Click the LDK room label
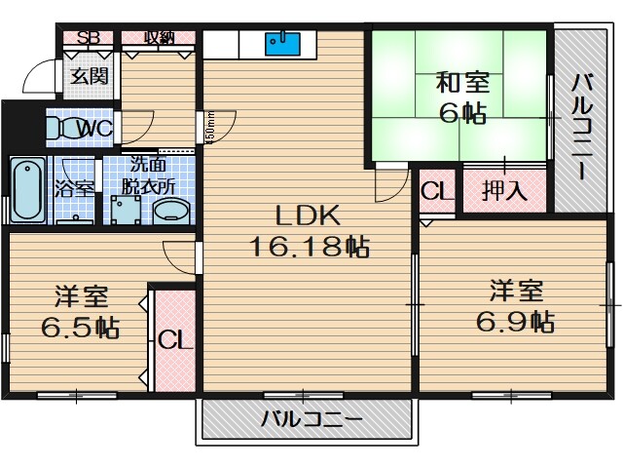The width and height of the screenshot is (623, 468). (x=305, y=216)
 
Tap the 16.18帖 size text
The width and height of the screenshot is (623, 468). (x=305, y=248)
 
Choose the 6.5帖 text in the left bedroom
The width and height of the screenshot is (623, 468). (x=80, y=327)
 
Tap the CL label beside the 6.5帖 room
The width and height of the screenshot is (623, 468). (x=176, y=340)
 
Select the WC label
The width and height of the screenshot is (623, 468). (x=95, y=128)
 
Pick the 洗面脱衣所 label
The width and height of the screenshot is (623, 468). (x=150, y=174)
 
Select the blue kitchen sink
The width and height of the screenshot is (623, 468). (x=282, y=43)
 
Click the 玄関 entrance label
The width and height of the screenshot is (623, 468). (x=89, y=77)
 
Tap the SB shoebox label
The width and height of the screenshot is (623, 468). (x=89, y=38)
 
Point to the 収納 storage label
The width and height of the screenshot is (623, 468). (x=161, y=38)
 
